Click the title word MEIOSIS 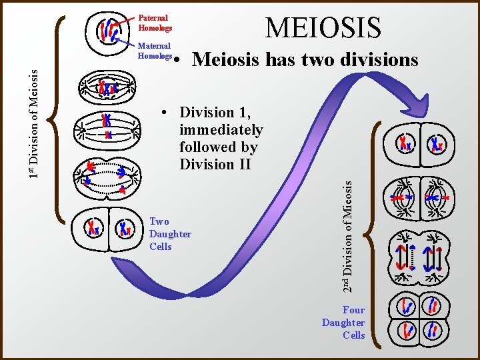(x=323, y=28)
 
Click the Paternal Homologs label (x=155, y=23)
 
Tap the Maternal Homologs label (x=155, y=51)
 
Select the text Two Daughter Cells (x=170, y=234)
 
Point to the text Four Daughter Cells (x=344, y=322)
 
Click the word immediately (x=221, y=129)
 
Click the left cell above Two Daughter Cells (x=91, y=228)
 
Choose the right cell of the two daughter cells (x=124, y=228)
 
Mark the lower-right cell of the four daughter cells (x=433, y=328)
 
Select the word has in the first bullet (x=279, y=60)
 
